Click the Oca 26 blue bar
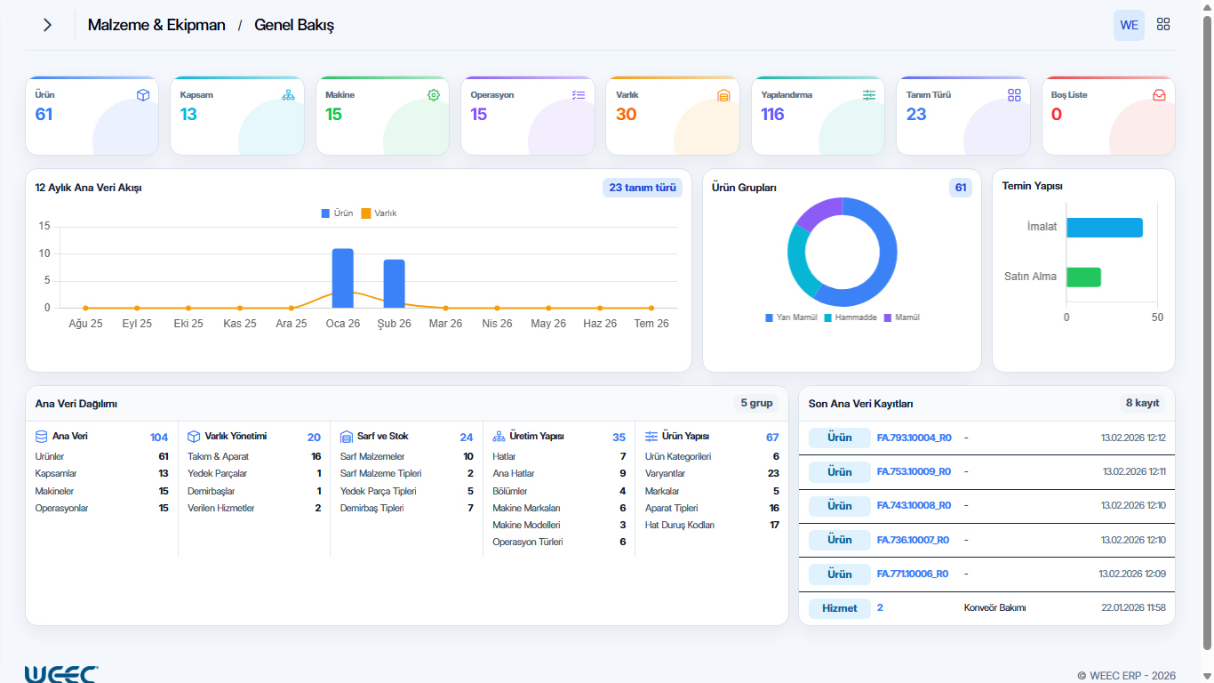tap(342, 278)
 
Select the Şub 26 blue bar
tap(394, 284)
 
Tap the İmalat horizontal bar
tap(1105, 228)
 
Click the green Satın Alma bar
tap(1083, 277)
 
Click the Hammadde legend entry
tap(851, 317)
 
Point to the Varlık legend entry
tap(379, 213)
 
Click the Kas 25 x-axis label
tap(240, 324)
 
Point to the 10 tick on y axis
tap(44, 253)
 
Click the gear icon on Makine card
tap(434, 95)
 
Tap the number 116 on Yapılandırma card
tap(772, 115)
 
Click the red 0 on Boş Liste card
tap(1057, 115)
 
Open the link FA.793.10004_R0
tap(914, 438)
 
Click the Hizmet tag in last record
tap(839, 608)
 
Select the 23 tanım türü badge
tap(643, 188)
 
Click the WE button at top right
tap(1129, 25)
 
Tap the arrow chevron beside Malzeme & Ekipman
tap(48, 25)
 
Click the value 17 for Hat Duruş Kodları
tap(774, 525)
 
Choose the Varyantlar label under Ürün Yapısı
tap(665, 474)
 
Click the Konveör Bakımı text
tap(994, 608)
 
